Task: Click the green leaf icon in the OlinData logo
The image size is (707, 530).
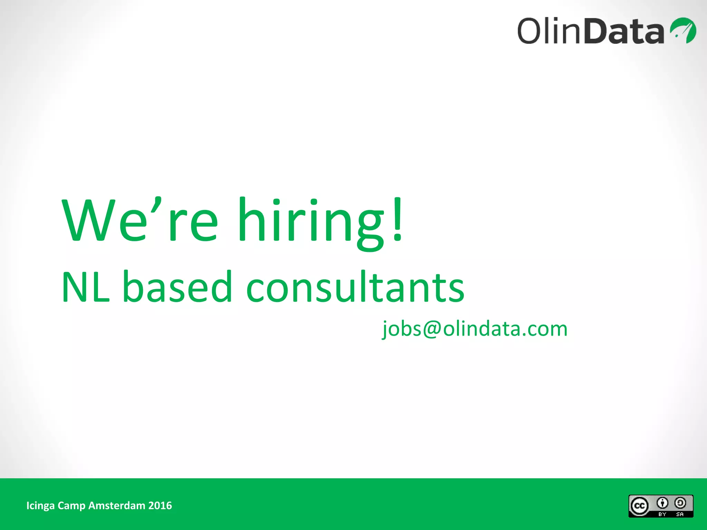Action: (x=683, y=30)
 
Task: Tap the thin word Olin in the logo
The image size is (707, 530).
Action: (x=550, y=31)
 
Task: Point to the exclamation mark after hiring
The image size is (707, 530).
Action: (x=398, y=219)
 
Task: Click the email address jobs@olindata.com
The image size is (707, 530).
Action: (x=475, y=328)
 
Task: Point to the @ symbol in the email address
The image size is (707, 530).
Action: (x=432, y=328)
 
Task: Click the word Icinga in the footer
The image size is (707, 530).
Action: (x=40, y=506)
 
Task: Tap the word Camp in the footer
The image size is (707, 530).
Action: (x=71, y=506)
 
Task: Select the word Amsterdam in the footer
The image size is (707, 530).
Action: (x=117, y=506)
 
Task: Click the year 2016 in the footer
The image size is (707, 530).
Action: (x=160, y=506)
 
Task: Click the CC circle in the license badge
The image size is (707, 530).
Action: (x=640, y=506)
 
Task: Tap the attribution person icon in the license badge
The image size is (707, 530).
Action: (x=662, y=503)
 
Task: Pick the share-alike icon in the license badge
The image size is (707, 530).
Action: (x=680, y=503)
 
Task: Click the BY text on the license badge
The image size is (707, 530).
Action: (x=662, y=514)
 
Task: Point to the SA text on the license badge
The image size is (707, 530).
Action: (x=680, y=514)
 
